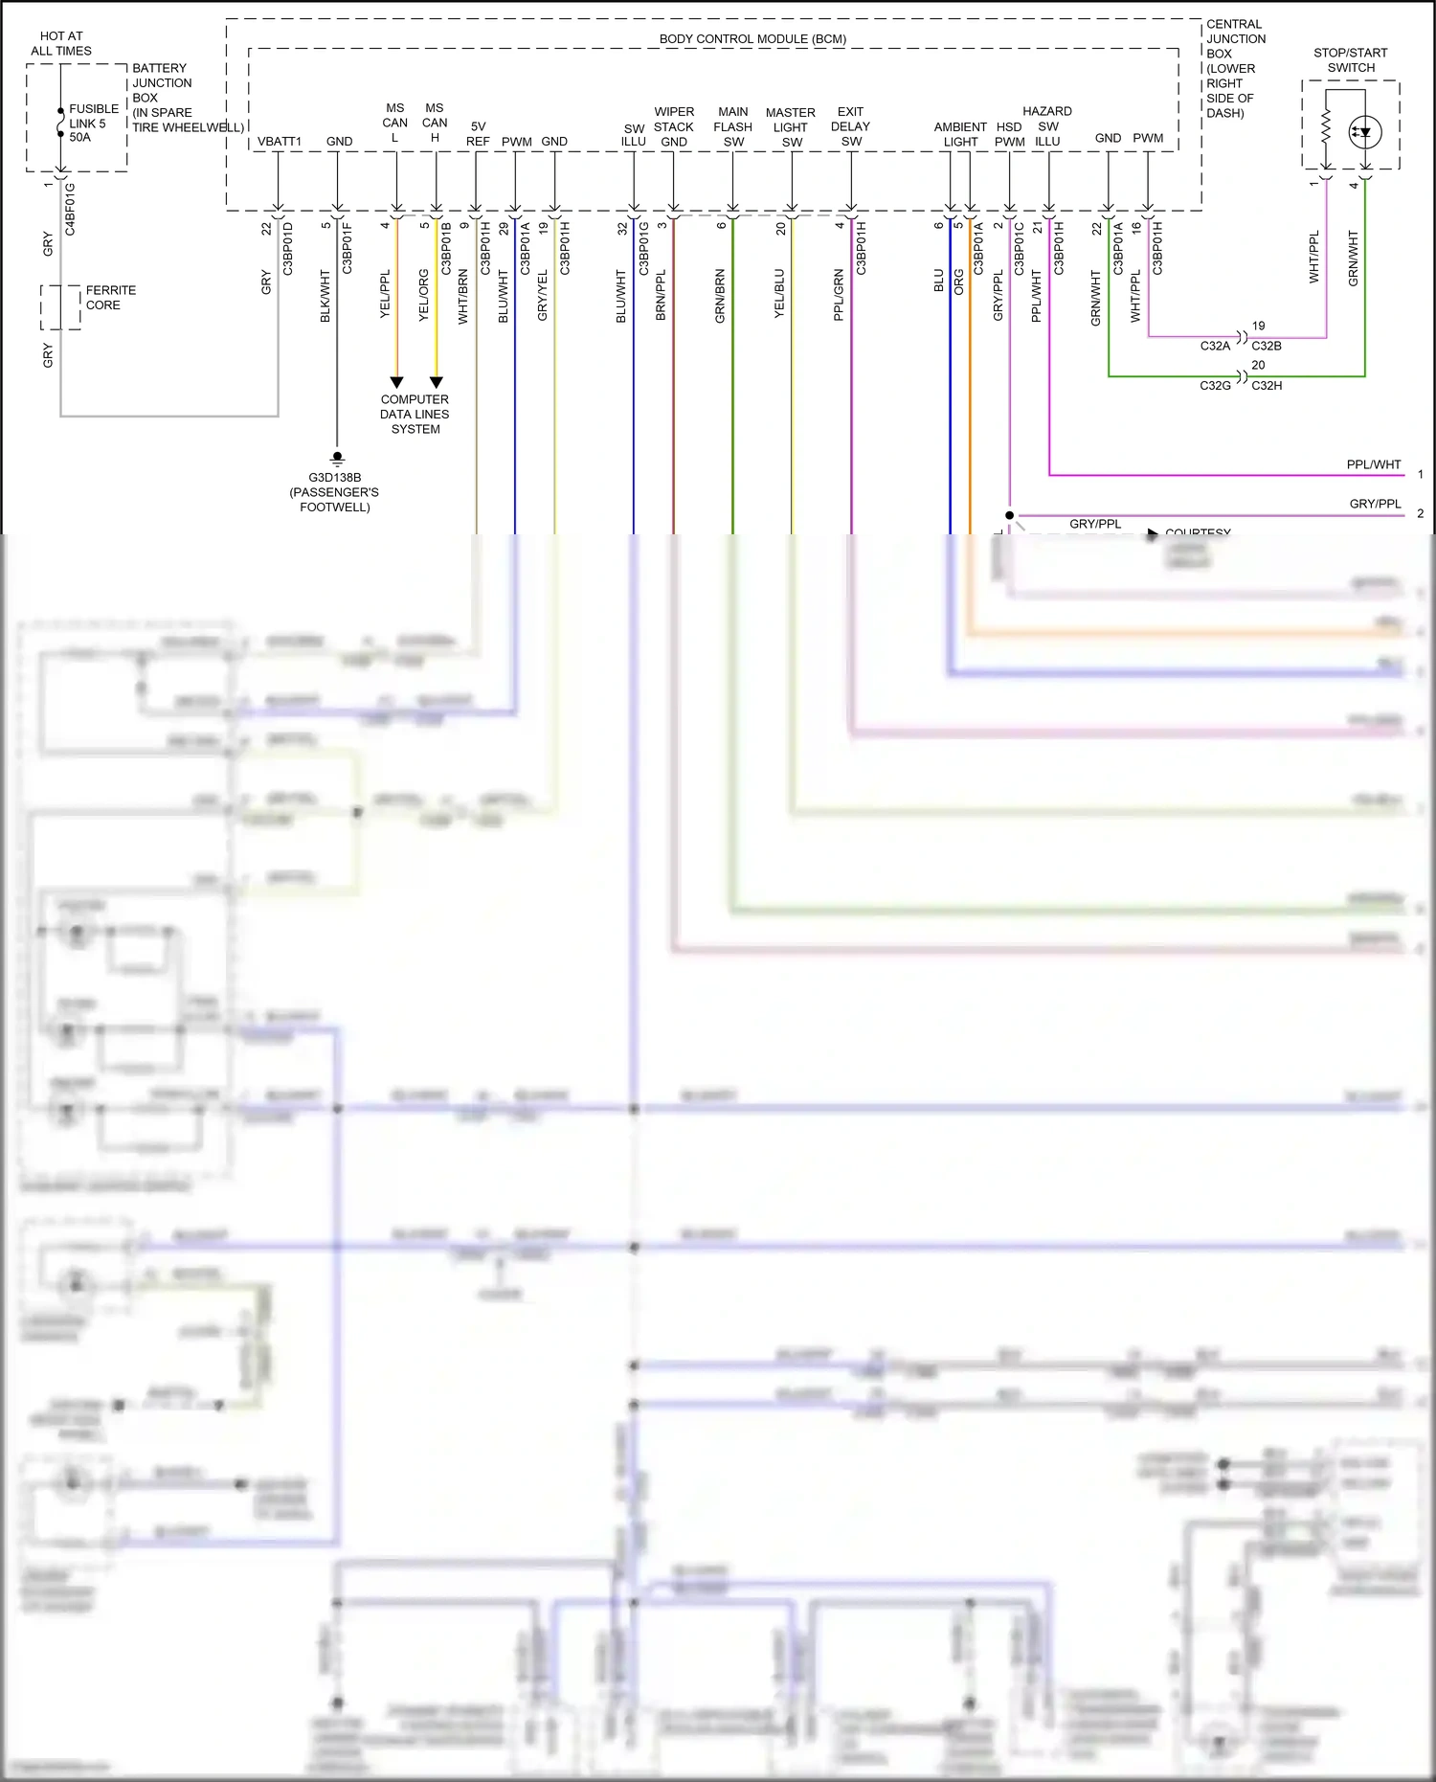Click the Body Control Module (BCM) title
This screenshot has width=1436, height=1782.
(x=752, y=39)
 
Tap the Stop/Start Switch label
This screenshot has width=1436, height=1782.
(x=1350, y=60)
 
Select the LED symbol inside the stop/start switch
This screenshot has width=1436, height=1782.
(x=1364, y=133)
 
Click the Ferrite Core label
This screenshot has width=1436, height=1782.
(x=110, y=298)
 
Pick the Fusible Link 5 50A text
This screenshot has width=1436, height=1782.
(x=93, y=124)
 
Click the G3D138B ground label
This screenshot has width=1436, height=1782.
(x=334, y=478)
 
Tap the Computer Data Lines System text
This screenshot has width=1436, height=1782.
(x=415, y=415)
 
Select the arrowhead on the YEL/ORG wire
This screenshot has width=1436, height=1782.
(x=436, y=382)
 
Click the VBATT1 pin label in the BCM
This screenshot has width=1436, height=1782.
(x=279, y=142)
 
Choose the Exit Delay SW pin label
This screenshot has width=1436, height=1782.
(x=850, y=126)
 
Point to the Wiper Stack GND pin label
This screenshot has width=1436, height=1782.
(x=674, y=126)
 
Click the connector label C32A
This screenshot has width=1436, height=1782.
(x=1215, y=347)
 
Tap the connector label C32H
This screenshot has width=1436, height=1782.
(x=1267, y=386)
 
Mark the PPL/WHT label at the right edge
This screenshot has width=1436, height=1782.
(x=1373, y=464)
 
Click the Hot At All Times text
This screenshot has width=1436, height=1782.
(x=61, y=43)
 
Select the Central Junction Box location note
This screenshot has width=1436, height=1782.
(x=1235, y=68)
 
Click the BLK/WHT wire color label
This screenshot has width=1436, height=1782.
(x=325, y=296)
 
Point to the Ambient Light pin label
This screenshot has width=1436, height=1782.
(x=960, y=134)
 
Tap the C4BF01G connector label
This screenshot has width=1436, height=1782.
(x=70, y=210)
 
